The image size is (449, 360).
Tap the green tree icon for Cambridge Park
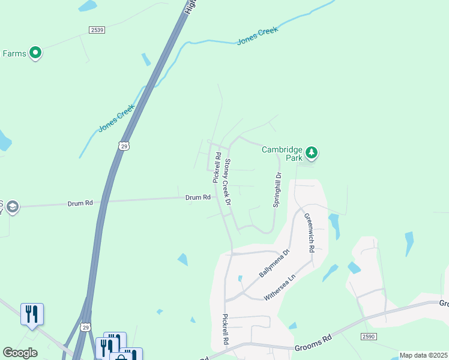click(x=311, y=152)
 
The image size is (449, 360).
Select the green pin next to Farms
click(x=35, y=53)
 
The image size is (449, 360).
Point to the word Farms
click(x=14, y=53)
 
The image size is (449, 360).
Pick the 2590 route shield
click(x=369, y=337)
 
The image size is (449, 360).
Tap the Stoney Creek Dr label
click(x=228, y=182)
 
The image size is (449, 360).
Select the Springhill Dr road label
click(x=277, y=190)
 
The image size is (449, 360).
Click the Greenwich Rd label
click(x=309, y=232)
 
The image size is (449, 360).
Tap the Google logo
click(x=20, y=353)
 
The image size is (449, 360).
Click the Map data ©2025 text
click(x=423, y=355)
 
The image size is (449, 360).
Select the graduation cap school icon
click(x=13, y=208)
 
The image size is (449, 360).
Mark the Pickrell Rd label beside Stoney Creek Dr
click(x=216, y=167)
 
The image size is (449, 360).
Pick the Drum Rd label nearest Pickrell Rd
click(x=197, y=197)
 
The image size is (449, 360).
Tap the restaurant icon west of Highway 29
click(x=32, y=313)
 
